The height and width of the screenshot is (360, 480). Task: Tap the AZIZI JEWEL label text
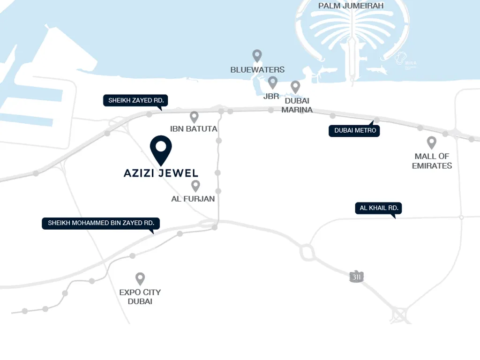(161, 173)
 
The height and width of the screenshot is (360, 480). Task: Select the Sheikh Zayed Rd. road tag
(136, 100)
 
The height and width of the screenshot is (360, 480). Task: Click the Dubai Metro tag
(354, 130)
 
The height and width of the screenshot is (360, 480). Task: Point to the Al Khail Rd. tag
(379, 208)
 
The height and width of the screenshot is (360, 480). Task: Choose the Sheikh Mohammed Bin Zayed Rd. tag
(101, 223)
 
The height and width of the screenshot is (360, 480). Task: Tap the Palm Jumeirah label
(351, 6)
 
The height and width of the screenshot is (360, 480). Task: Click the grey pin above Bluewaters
(257, 56)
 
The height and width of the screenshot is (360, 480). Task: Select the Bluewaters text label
(257, 69)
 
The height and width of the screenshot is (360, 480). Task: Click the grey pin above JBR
(272, 83)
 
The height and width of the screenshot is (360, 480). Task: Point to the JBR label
(271, 96)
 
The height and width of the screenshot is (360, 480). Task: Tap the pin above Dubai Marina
(295, 87)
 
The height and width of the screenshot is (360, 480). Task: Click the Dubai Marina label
(297, 105)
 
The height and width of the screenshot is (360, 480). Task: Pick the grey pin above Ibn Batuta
(194, 117)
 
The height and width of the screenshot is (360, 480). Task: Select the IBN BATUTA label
(194, 128)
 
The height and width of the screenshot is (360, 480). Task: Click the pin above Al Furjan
(195, 186)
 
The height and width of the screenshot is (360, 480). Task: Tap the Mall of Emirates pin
(432, 142)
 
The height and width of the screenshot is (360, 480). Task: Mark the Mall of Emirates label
(432, 161)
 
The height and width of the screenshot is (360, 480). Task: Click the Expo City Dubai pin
(140, 279)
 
